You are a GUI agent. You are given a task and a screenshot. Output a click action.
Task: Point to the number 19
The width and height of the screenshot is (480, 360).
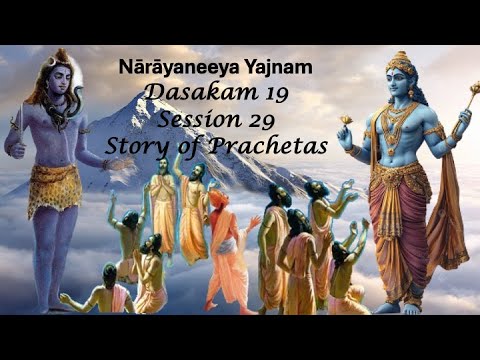pos(260,95)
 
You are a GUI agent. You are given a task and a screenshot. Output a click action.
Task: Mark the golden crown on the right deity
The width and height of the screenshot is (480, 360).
pos(401,67)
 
